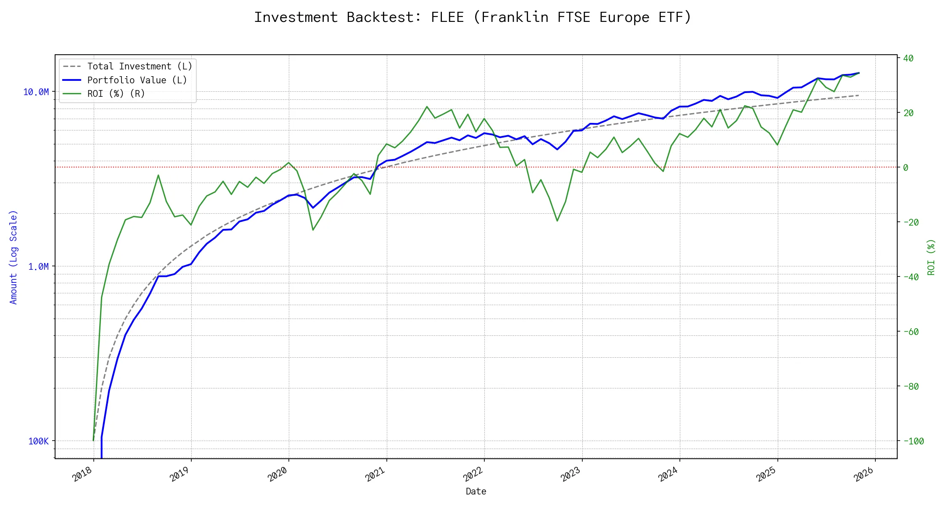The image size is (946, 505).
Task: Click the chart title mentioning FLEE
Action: click(x=473, y=17)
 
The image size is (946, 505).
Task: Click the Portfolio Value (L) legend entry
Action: click(x=137, y=80)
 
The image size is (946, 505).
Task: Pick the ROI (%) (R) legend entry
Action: click(x=116, y=93)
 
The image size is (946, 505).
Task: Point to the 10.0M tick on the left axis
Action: click(x=36, y=92)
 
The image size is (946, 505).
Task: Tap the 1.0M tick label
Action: click(x=38, y=266)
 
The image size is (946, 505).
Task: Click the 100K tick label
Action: click(x=38, y=441)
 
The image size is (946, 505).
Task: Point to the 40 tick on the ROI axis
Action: click(x=908, y=58)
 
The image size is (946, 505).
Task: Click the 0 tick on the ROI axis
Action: click(x=906, y=167)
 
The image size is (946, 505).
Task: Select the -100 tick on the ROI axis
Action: click(x=913, y=441)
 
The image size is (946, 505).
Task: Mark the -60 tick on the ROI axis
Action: click(x=911, y=332)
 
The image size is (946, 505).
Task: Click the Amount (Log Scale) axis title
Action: click(x=13, y=257)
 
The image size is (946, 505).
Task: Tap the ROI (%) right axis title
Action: click(x=931, y=257)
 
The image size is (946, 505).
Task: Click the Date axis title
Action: click(x=476, y=491)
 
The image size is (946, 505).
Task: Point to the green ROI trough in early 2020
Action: click(x=313, y=230)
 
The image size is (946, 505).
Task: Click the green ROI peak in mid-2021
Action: click(x=427, y=106)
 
